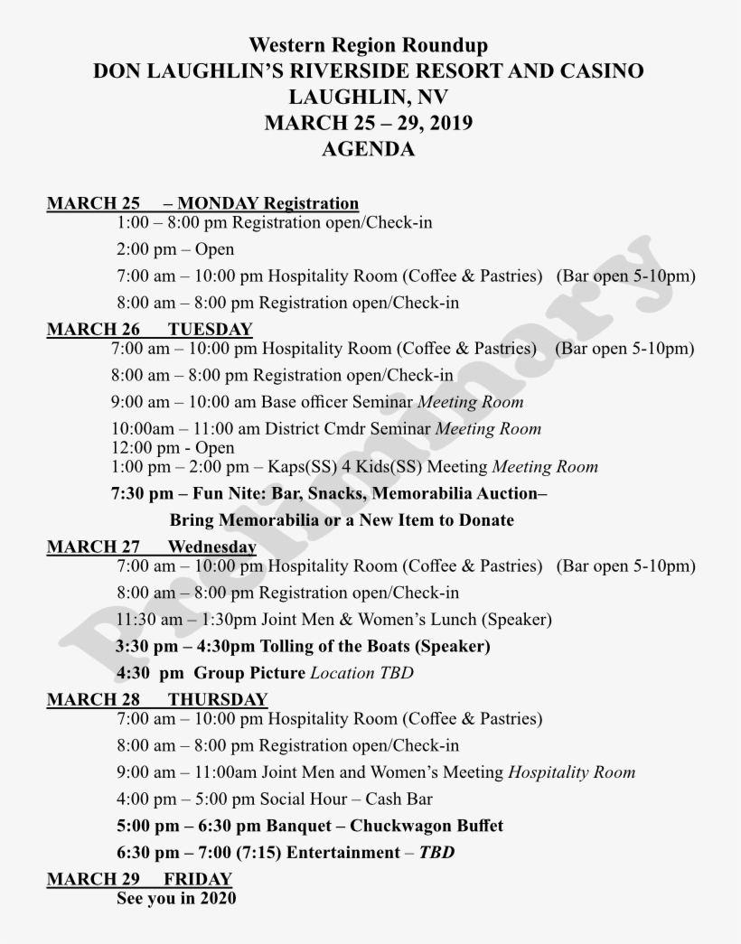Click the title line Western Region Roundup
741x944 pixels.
coord(368,45)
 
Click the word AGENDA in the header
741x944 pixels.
coord(368,150)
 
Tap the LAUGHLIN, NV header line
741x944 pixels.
coord(368,98)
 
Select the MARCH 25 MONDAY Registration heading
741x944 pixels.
coord(202,203)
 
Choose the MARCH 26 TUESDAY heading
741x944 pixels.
coord(149,329)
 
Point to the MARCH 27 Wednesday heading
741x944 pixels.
coord(151,547)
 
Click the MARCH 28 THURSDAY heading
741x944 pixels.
coord(157,699)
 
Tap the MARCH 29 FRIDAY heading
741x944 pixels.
coord(139,879)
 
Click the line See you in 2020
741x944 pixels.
coord(176,899)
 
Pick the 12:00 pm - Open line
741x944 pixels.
coord(173,448)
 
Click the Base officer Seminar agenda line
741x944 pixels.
coord(317,402)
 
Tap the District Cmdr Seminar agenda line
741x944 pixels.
coord(326,429)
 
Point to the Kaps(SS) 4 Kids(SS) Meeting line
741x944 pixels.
coord(354,467)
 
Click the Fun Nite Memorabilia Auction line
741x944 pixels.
coord(329,494)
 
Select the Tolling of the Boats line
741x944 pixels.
coord(303,646)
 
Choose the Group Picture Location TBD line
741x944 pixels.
coord(265,673)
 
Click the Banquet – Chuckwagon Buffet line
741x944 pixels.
coord(310,826)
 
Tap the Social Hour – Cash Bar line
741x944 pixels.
coord(274,799)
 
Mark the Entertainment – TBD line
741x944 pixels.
coord(286,853)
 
